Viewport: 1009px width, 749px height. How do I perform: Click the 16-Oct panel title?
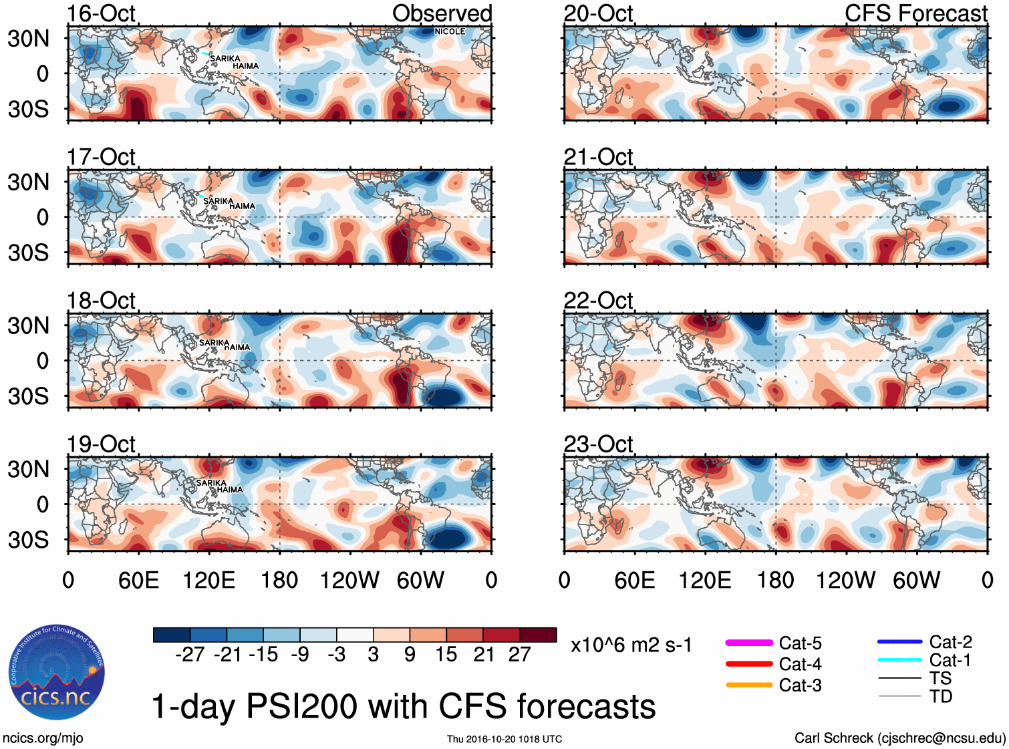click(x=101, y=13)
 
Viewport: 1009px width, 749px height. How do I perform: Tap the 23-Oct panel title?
click(x=598, y=444)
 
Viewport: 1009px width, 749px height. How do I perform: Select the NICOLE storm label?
click(x=449, y=31)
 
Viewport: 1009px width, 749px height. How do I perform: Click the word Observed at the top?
click(x=442, y=13)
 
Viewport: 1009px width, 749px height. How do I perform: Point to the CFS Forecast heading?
click(x=915, y=13)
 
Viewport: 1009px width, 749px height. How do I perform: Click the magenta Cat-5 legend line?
click(x=749, y=643)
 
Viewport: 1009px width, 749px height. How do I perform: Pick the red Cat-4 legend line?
click(x=749, y=664)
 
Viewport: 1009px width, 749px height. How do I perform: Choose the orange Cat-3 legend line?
click(x=749, y=685)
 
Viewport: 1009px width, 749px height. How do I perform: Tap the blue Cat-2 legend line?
click(x=899, y=642)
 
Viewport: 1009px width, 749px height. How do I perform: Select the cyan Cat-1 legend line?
click(x=899, y=660)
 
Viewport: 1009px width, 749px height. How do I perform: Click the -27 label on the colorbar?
click(x=190, y=654)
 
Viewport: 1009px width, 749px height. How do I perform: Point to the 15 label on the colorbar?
click(x=446, y=654)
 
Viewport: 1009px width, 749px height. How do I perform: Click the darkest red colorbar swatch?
click(x=538, y=635)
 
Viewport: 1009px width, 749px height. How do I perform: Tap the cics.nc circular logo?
click(x=57, y=672)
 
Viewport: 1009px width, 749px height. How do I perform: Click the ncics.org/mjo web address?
click(x=43, y=738)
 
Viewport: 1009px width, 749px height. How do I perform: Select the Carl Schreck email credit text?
click(x=899, y=738)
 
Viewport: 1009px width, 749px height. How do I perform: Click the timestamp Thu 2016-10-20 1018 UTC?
click(x=504, y=739)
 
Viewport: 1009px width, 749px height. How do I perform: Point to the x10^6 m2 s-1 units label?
click(x=631, y=645)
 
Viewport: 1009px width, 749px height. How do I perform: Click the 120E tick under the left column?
click(x=208, y=580)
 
